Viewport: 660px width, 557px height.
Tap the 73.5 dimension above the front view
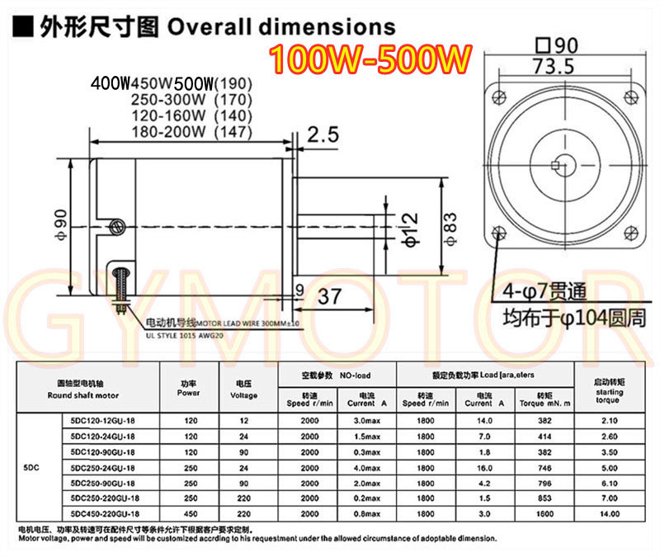coord(554,68)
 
